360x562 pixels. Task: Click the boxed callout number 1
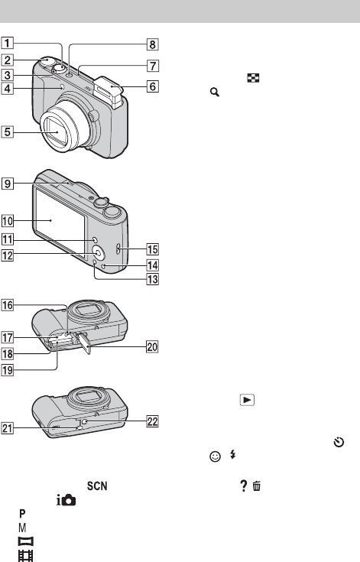coord(7,43)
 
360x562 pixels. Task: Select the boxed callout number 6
coord(153,86)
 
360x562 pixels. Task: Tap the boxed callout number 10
coord(7,221)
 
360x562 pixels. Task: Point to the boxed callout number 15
coord(153,249)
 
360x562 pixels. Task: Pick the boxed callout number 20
coord(152,347)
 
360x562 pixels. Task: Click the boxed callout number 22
coord(153,421)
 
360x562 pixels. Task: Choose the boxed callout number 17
coord(7,337)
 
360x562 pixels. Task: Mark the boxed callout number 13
coord(153,279)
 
